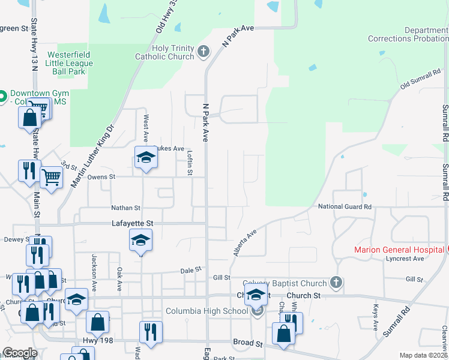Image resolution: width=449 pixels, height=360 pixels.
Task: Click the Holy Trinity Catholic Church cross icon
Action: click(203, 51)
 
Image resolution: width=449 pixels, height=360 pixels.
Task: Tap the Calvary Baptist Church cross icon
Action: click(336, 281)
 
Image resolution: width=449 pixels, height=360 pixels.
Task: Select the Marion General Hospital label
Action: click(398, 250)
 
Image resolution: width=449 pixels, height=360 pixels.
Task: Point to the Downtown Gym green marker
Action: click(2, 95)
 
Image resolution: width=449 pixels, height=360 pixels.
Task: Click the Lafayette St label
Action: click(133, 223)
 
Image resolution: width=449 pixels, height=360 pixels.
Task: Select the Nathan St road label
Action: click(125, 208)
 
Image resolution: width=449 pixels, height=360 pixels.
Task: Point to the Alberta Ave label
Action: click(245, 242)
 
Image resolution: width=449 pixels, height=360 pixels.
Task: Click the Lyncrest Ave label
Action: click(405, 259)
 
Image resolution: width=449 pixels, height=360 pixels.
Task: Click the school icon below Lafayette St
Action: click(140, 241)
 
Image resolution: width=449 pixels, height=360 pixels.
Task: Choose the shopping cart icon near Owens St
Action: click(52, 176)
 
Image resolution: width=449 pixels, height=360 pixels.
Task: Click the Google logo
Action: click(20, 353)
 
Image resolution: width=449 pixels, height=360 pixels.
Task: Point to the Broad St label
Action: click(248, 344)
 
